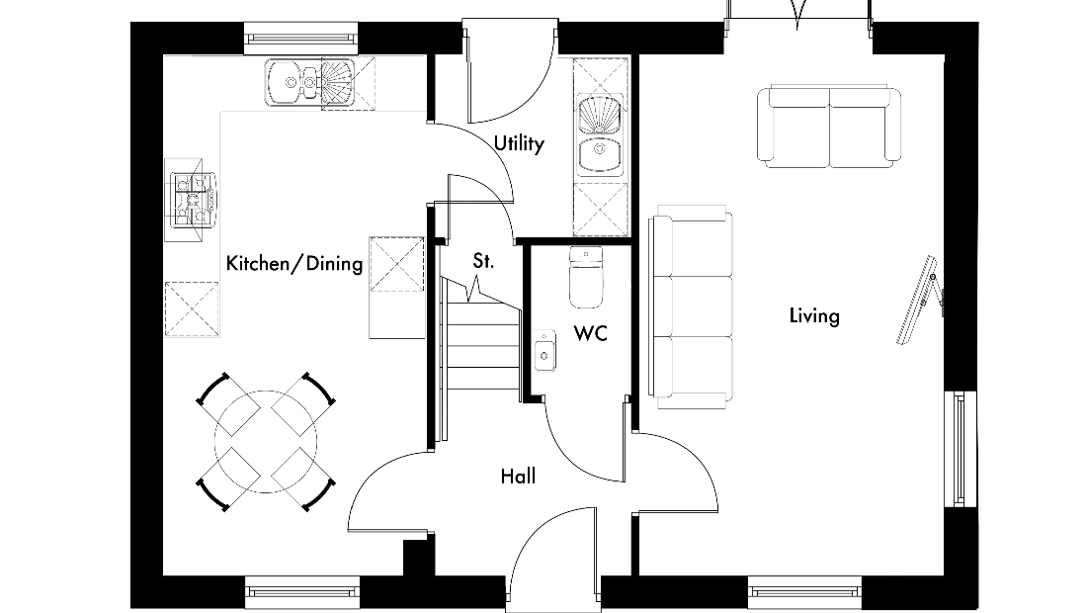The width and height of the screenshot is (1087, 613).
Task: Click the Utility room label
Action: click(519, 143)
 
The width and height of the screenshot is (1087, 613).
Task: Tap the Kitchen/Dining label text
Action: click(294, 264)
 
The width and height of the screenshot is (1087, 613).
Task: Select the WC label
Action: click(591, 333)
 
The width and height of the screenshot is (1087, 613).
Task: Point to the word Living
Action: click(814, 316)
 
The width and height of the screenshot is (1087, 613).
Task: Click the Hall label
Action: click(518, 477)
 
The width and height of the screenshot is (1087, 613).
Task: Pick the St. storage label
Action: click(483, 261)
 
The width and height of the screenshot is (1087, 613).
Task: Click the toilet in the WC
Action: click(586, 278)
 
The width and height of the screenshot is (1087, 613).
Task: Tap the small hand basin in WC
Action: click(544, 351)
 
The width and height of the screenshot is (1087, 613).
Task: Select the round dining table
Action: click(266, 442)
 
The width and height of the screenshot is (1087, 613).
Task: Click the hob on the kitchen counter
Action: click(193, 200)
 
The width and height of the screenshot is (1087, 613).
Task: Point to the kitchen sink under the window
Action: click(309, 83)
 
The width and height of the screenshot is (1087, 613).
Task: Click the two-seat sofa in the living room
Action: click(829, 127)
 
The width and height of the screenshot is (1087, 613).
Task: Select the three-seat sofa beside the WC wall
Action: click(691, 306)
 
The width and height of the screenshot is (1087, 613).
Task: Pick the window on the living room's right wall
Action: click(961, 449)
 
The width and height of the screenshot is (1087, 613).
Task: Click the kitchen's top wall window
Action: click(300, 38)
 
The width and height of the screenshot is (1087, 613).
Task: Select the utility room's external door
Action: click(511, 71)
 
